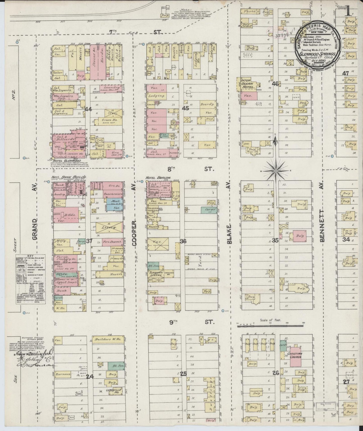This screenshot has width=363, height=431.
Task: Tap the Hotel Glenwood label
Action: pyautogui.click(x=63, y=160)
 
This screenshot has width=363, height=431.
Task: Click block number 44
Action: pyautogui.click(x=88, y=109)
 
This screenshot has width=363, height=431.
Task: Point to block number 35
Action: pyautogui.click(x=275, y=240)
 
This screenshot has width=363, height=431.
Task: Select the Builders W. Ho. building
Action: pyautogui.click(x=107, y=339)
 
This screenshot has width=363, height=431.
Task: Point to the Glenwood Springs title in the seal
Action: pyautogui.click(x=318, y=54)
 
